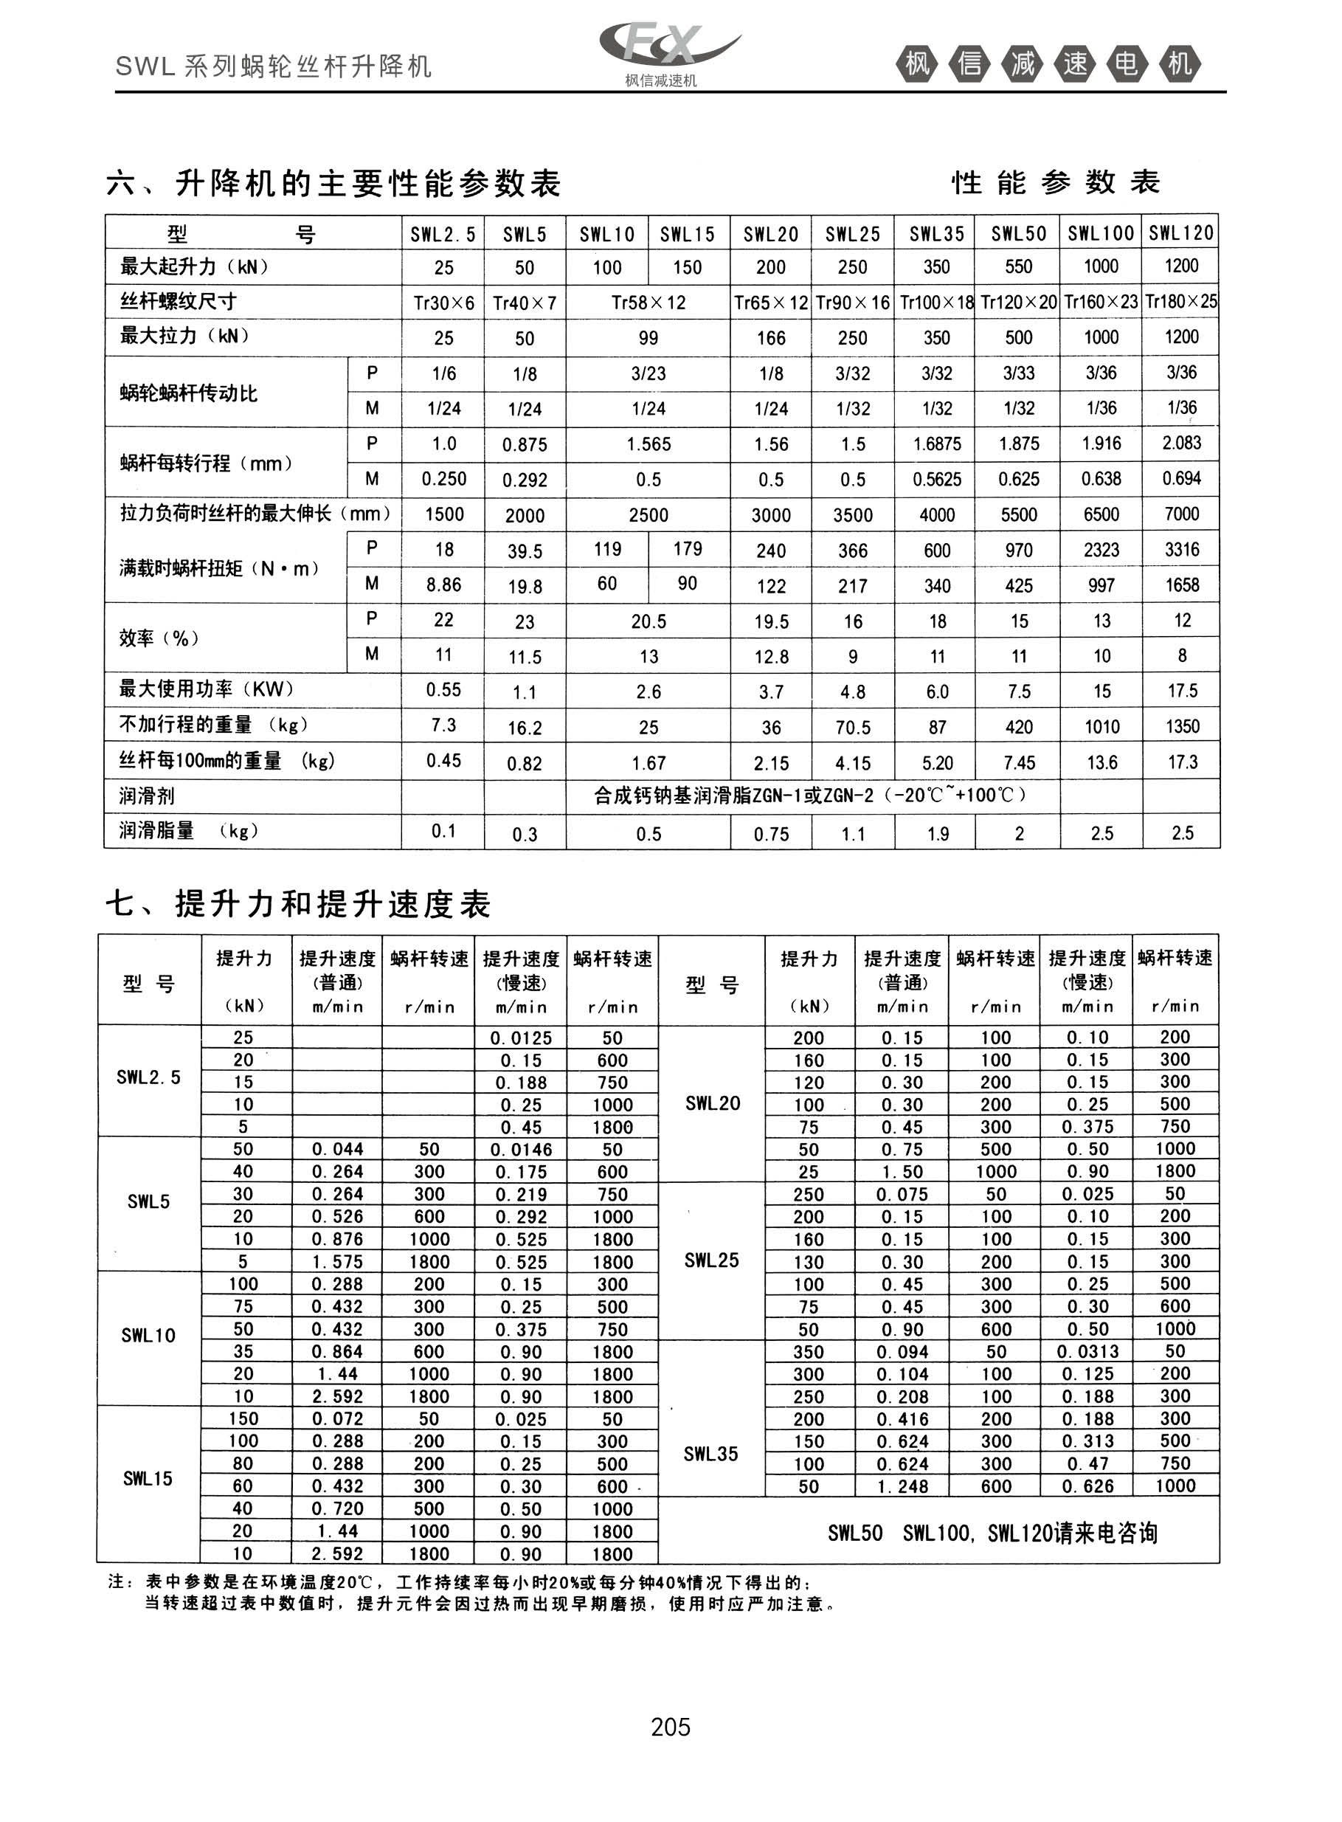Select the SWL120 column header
(x=1180, y=234)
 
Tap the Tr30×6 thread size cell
(x=443, y=303)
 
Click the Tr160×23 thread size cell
(x=1101, y=302)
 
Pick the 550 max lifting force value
(x=1018, y=267)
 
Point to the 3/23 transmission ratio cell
(x=648, y=373)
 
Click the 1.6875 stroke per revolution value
(x=937, y=444)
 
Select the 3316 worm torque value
(x=1182, y=550)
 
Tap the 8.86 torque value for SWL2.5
(x=443, y=585)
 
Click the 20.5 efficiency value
(x=648, y=621)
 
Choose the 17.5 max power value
(x=1182, y=691)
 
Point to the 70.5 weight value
(x=852, y=728)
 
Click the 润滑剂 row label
(x=147, y=796)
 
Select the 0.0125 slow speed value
(x=521, y=1038)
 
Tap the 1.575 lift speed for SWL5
(x=337, y=1261)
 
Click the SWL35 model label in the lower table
(x=710, y=1454)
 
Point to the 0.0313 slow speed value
(x=1087, y=1352)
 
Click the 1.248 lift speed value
(x=901, y=1486)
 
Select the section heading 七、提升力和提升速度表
(x=298, y=903)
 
